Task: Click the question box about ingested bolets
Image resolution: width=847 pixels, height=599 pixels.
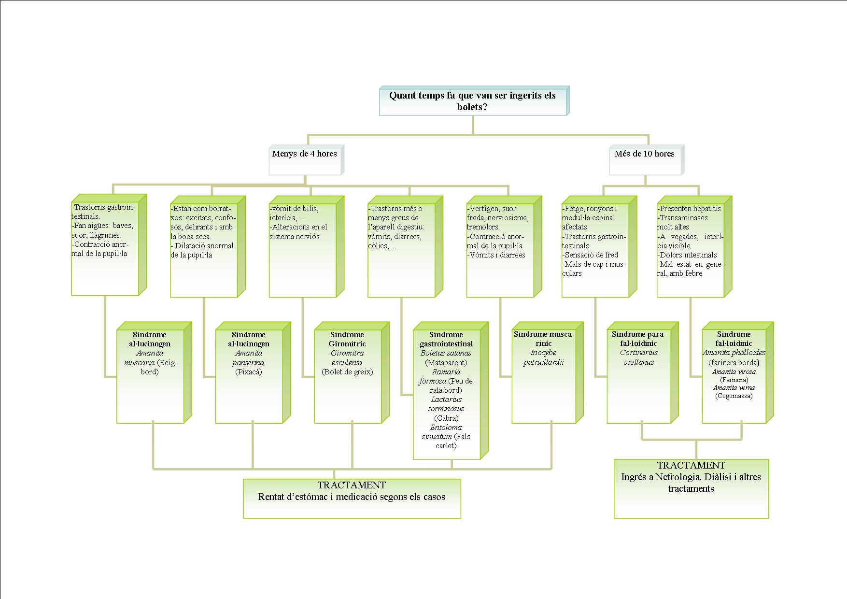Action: [x=472, y=101]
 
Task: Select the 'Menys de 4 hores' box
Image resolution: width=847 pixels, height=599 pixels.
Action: [x=305, y=160]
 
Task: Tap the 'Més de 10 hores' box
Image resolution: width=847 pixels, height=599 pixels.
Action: [x=645, y=160]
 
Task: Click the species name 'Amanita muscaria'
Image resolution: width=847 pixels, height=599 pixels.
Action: [x=150, y=358]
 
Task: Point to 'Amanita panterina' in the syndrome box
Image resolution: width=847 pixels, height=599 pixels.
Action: [x=249, y=358]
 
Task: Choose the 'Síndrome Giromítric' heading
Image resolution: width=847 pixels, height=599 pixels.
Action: [x=347, y=339]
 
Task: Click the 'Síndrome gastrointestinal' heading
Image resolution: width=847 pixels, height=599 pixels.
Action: [x=446, y=339]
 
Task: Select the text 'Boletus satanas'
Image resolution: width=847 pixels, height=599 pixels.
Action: [x=446, y=353]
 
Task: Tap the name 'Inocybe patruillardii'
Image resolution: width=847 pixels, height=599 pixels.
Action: [x=544, y=357]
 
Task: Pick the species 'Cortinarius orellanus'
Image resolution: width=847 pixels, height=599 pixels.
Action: [x=638, y=357]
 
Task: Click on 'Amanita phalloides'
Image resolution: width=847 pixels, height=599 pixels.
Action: [x=734, y=353]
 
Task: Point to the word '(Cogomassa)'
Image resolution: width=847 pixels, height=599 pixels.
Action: [x=734, y=396]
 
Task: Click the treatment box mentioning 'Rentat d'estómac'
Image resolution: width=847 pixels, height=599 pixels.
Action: [x=352, y=498]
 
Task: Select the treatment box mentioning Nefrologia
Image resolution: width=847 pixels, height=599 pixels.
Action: [x=691, y=488]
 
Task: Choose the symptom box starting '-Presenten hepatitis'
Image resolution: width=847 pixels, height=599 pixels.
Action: [x=691, y=249]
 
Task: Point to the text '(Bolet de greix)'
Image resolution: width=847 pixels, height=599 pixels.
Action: [x=347, y=372]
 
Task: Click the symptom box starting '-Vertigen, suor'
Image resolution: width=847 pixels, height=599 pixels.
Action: [x=500, y=249]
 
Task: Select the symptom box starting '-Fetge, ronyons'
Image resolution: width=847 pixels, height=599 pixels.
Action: [x=595, y=249]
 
